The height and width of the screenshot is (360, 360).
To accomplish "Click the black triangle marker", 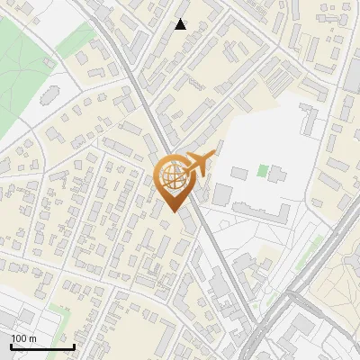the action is (x=181, y=24).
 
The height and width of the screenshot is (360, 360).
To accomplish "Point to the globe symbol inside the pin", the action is (x=174, y=175).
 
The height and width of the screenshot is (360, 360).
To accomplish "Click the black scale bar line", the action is (x=42, y=346).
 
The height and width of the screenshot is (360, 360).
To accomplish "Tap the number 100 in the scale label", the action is (x=19, y=338).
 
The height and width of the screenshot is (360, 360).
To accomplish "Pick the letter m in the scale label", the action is (x=32, y=338).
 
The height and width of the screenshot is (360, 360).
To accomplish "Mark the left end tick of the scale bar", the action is (x=12, y=346).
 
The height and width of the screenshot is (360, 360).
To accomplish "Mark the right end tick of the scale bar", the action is (x=74, y=346).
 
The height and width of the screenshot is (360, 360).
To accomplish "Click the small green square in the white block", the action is (x=263, y=170).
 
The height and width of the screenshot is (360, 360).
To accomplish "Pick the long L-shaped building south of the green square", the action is (x=261, y=211).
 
